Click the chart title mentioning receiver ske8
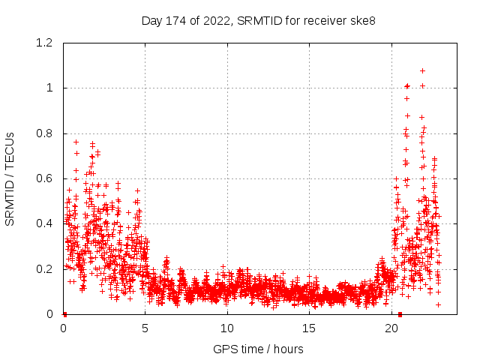click(x=259, y=20)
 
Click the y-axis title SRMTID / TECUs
click(x=10, y=178)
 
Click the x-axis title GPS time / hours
click(x=258, y=349)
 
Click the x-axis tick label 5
click(x=145, y=328)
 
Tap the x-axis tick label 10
click(x=227, y=328)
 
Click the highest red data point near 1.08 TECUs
click(x=423, y=70)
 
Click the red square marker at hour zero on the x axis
click(x=64, y=314)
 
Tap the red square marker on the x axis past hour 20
click(x=400, y=314)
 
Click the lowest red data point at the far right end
click(x=438, y=304)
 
